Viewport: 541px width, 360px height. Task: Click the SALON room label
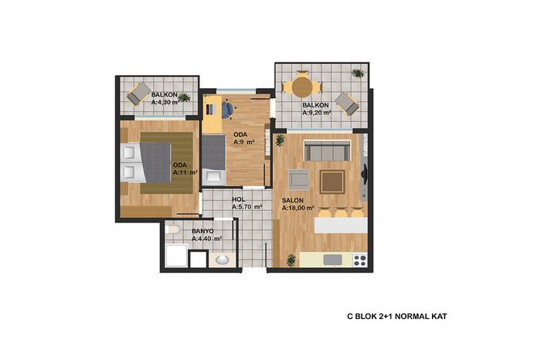(x=293, y=200)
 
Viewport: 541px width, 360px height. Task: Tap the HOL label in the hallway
(x=238, y=199)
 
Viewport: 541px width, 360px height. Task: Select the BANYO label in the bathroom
(x=202, y=231)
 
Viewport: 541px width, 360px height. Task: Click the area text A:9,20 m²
(x=317, y=113)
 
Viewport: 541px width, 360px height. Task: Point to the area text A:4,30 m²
(x=165, y=102)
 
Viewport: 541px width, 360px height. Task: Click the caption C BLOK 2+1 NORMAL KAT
(x=396, y=316)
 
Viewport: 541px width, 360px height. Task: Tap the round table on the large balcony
(x=302, y=87)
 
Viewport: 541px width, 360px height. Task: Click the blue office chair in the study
(x=227, y=110)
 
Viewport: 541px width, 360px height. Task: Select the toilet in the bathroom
(x=172, y=229)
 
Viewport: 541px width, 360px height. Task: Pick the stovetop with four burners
(x=359, y=260)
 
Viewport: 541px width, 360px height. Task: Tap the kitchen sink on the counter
(x=333, y=260)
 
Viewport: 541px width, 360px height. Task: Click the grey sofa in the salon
(x=327, y=151)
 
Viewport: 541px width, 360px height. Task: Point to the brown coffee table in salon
(x=332, y=182)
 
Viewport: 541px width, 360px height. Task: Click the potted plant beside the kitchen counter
(x=291, y=260)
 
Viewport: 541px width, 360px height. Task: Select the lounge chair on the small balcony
(x=138, y=93)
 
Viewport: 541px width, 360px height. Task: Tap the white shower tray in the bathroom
(x=177, y=256)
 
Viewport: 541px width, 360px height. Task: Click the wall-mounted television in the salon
(x=364, y=172)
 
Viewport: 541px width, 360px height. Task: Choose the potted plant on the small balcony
(x=184, y=97)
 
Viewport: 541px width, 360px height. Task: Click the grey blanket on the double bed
(x=156, y=162)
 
